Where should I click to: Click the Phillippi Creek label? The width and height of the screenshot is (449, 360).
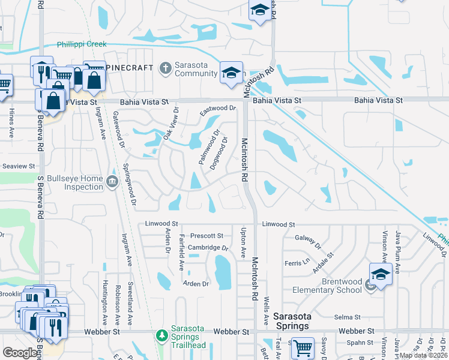pyautogui.click(x=82, y=44)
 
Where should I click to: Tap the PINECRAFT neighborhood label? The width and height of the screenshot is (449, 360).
pyautogui.click(x=130, y=68)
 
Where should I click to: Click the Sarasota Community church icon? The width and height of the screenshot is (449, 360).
pyautogui.click(x=165, y=68)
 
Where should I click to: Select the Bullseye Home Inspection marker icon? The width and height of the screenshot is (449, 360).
pyautogui.click(x=112, y=182)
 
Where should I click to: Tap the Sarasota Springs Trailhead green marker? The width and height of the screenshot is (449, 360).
pyautogui.click(x=161, y=334)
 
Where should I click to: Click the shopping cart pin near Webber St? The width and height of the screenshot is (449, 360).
pyautogui.click(x=303, y=347)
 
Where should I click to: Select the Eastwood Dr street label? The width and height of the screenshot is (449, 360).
pyautogui.click(x=217, y=109)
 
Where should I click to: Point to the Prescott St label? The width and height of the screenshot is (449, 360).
pyautogui.click(x=206, y=236)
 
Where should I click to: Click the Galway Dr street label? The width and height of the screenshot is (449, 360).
pyautogui.click(x=308, y=242)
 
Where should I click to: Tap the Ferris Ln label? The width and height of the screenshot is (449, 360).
pyautogui.click(x=297, y=262)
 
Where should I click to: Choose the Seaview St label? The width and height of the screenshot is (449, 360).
pyautogui.click(x=19, y=166)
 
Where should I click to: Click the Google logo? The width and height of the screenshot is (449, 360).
pyautogui.click(x=20, y=352)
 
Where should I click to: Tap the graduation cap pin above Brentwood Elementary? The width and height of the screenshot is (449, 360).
pyautogui.click(x=381, y=274)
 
